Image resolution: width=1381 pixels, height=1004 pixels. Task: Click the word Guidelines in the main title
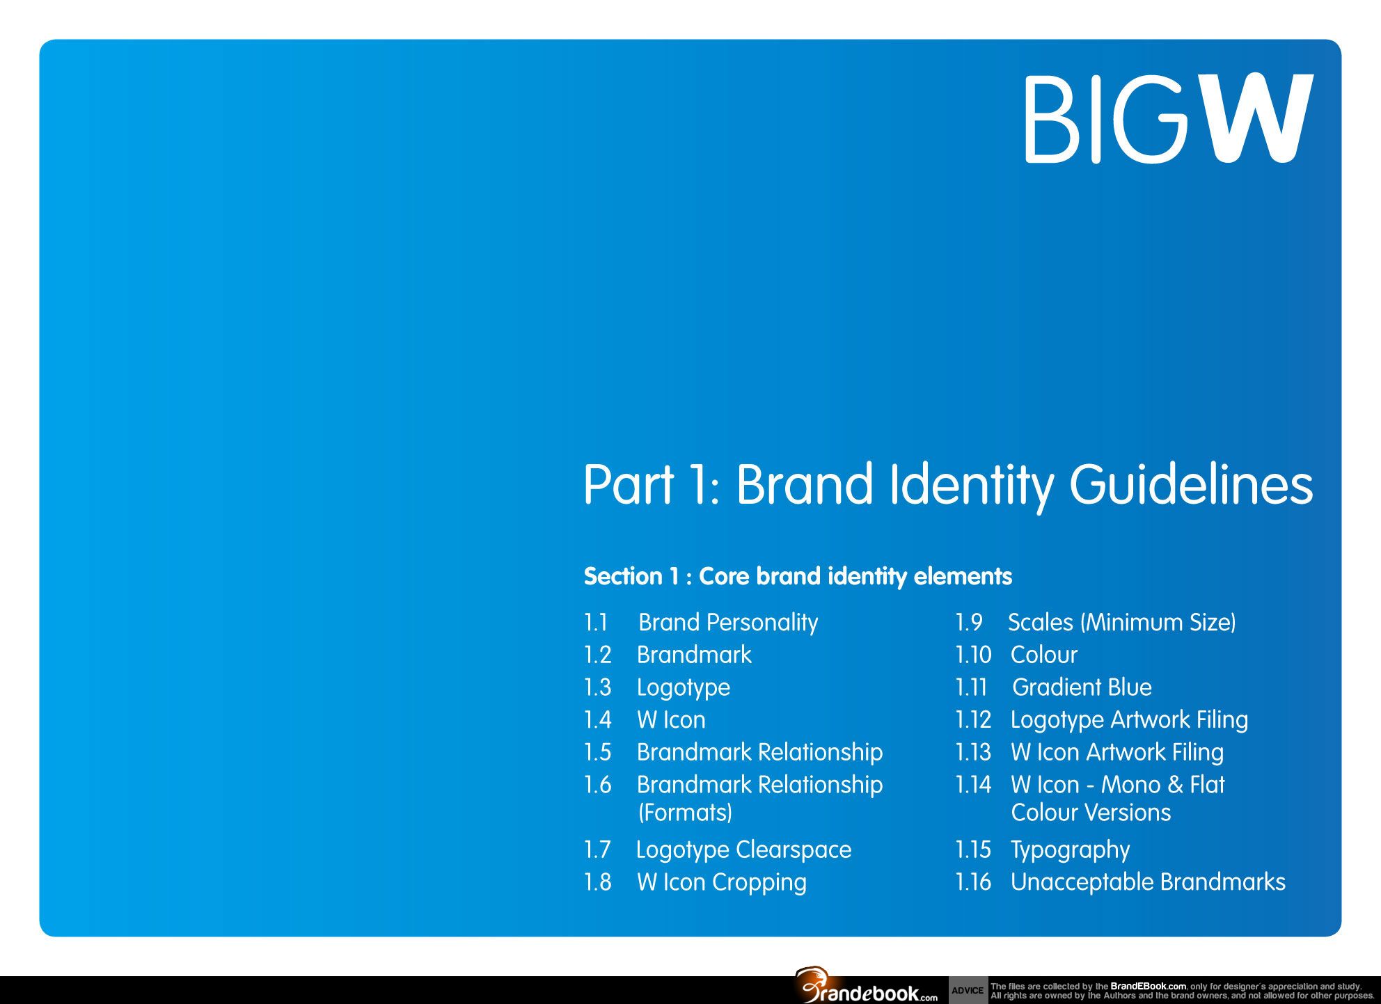click(x=1191, y=485)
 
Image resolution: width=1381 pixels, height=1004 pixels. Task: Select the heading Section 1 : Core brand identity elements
click(x=798, y=576)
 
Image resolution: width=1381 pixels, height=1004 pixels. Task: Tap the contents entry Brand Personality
click(x=728, y=623)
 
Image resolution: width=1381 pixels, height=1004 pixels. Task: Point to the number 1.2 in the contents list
click(x=597, y=655)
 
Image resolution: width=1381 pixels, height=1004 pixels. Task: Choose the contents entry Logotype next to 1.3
click(x=684, y=688)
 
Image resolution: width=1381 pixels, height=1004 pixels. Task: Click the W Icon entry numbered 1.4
click(x=671, y=719)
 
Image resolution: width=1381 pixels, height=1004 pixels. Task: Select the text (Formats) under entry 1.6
click(x=685, y=813)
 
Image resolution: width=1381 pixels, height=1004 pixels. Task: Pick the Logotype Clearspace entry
click(x=743, y=850)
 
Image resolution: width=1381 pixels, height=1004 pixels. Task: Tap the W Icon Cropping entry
click(x=722, y=883)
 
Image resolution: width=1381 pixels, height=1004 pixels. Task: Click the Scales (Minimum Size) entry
click(x=1122, y=623)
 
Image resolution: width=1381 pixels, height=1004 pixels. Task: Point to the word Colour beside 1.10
click(x=1044, y=655)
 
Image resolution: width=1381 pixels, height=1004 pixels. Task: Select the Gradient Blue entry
click(x=1082, y=687)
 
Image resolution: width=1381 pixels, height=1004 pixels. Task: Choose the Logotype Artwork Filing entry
click(x=1129, y=720)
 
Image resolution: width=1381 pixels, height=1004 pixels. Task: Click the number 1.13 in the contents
click(x=973, y=752)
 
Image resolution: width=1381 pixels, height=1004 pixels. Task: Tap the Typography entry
click(x=1070, y=850)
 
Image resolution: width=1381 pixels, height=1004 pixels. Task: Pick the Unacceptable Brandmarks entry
click(x=1148, y=882)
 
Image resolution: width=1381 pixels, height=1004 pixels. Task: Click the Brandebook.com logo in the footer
click(x=867, y=986)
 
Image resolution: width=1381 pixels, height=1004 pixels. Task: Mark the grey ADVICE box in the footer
click(x=968, y=990)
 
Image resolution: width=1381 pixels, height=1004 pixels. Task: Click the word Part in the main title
click(x=629, y=484)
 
